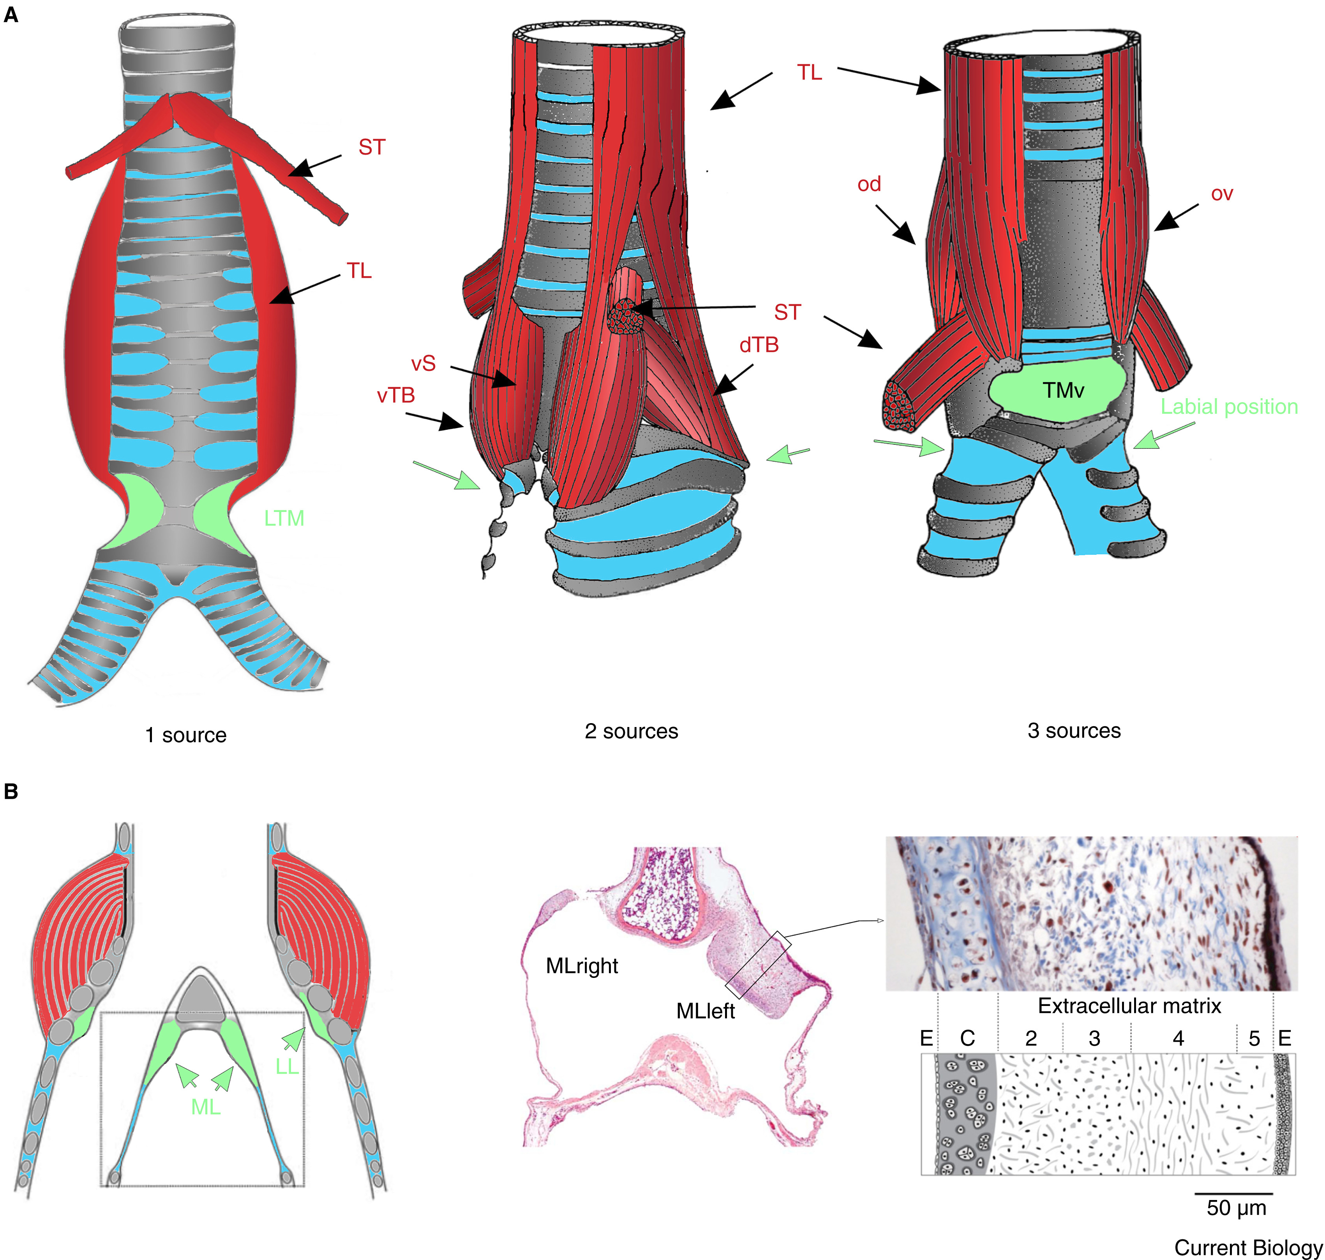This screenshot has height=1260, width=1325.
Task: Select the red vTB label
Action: pyautogui.click(x=395, y=395)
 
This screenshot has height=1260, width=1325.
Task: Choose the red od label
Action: pyautogui.click(x=869, y=184)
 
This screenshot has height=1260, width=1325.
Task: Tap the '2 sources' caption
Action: pyautogui.click(x=631, y=731)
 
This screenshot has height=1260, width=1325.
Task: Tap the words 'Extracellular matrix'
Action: pyautogui.click(x=1129, y=1006)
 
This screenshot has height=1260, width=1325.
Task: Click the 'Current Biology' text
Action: pyautogui.click(x=1248, y=1247)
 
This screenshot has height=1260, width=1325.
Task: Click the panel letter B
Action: pyautogui.click(x=11, y=791)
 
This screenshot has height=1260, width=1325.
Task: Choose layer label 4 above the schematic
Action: pyautogui.click(x=1178, y=1038)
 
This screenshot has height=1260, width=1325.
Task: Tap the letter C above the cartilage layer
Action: pyautogui.click(x=967, y=1038)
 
